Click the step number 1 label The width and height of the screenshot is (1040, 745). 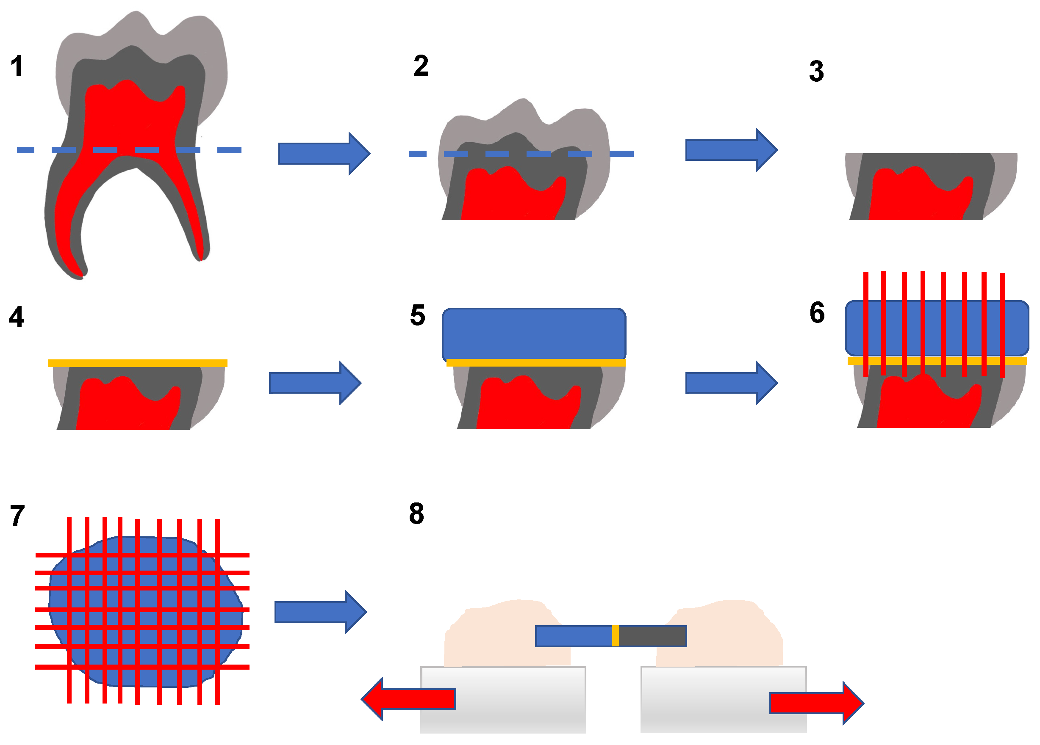tap(17, 66)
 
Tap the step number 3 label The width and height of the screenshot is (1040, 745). tap(816, 72)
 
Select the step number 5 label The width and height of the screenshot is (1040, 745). tap(417, 315)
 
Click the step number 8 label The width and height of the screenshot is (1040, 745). tap(416, 513)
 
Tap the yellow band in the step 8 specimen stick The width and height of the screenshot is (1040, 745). tap(616, 636)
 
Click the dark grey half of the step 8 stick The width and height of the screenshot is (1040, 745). tap(652, 636)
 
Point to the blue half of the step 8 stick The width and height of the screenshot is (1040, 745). tap(573, 636)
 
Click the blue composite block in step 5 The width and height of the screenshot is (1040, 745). tap(534, 334)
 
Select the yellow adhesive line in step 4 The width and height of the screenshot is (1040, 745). tap(138, 363)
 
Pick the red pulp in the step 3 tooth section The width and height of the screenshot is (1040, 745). tap(912, 197)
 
